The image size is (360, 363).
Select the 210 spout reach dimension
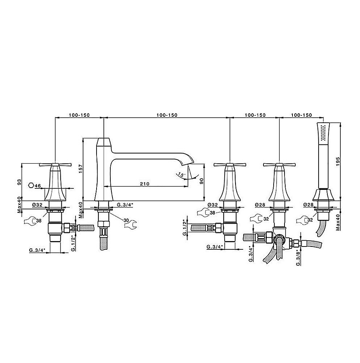144,184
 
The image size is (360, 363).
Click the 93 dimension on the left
20,182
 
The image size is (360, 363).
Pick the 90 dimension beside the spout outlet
201,181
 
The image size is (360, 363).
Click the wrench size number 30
126,220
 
